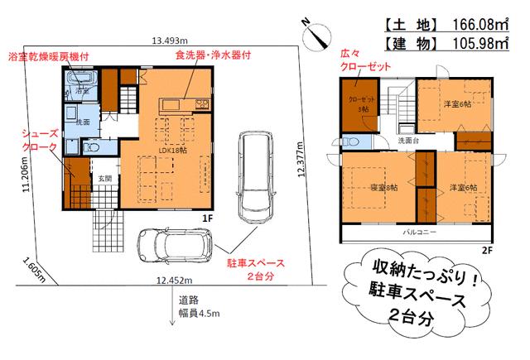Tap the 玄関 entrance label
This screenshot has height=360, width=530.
point(105,178)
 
